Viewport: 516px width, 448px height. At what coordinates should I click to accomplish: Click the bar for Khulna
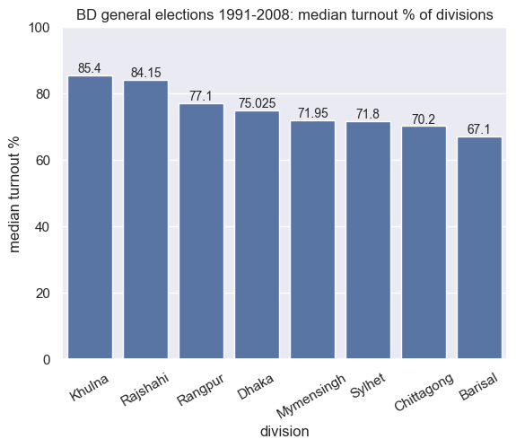[x=91, y=217]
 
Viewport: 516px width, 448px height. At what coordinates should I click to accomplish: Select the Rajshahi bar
[x=145, y=220]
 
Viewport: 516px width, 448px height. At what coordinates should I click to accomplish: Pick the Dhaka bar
[x=257, y=234]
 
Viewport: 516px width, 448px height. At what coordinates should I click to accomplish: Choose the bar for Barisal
[x=479, y=248]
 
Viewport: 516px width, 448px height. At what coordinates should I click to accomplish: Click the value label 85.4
[x=91, y=68]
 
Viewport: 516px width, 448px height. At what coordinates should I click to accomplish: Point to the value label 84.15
[x=145, y=73]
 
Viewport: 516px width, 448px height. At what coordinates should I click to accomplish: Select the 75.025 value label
[x=257, y=103]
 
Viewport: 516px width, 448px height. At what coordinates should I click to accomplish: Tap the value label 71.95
[x=312, y=113]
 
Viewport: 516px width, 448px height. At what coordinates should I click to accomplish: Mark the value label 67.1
[x=479, y=129]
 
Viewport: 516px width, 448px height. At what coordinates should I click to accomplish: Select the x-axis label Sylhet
[x=366, y=382]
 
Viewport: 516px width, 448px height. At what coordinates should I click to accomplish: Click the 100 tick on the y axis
[x=39, y=28]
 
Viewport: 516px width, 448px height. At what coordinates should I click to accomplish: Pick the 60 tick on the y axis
[x=42, y=161]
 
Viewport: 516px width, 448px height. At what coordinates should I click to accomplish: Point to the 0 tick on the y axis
[x=46, y=360]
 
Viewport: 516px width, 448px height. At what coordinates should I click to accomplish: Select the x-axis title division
[x=284, y=432]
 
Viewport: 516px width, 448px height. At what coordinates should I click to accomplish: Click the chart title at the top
[x=284, y=14]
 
